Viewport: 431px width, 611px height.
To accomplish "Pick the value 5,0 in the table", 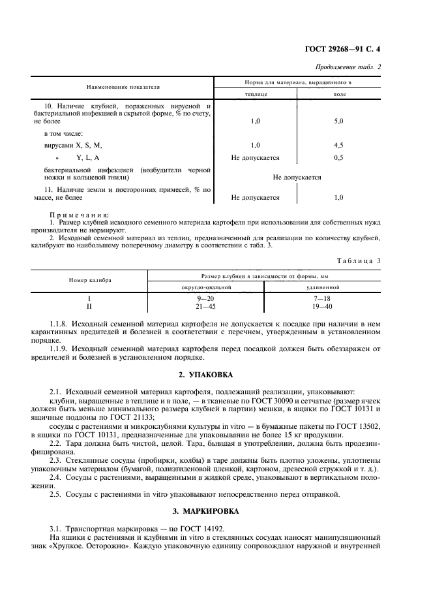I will pyautogui.click(x=338, y=121).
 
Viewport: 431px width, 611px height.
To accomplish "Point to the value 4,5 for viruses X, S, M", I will pyautogui.click(x=338, y=145).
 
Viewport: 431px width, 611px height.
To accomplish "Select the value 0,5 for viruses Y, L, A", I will pyautogui.click(x=338, y=158).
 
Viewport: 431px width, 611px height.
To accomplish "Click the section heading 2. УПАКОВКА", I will pyautogui.click(x=215, y=375).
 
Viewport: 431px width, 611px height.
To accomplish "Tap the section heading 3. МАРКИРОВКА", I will pyautogui.click(x=215, y=510).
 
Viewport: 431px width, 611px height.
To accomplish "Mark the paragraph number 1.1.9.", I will pyautogui.click(x=59, y=349).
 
